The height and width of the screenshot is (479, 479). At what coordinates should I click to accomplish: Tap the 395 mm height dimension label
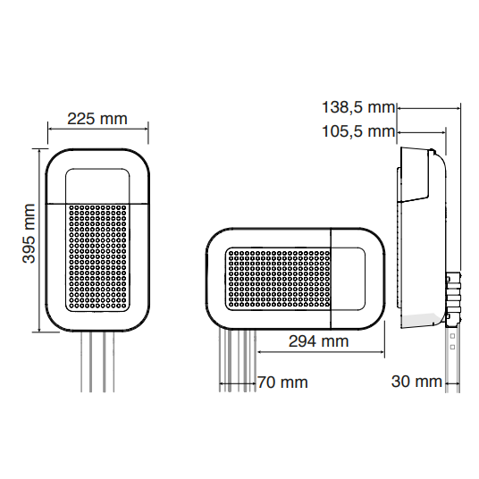[29, 238]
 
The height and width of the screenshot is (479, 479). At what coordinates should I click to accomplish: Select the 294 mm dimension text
[319, 341]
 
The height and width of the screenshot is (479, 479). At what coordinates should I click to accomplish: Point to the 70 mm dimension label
[282, 382]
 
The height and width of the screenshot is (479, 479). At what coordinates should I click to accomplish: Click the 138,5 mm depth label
[357, 108]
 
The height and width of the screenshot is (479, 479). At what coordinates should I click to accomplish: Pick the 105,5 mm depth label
[357, 132]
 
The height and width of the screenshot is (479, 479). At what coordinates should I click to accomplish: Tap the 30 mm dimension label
[416, 382]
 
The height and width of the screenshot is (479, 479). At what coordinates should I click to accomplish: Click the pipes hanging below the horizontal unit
[236, 357]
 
